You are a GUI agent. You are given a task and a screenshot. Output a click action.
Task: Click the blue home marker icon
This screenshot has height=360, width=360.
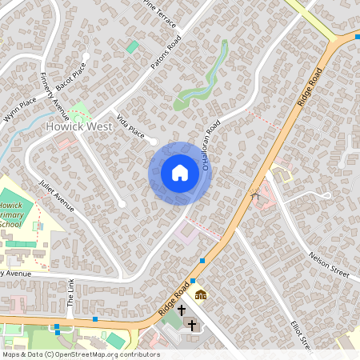pos(180,173)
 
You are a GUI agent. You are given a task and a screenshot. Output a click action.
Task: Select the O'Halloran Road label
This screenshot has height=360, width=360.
pos(210,145)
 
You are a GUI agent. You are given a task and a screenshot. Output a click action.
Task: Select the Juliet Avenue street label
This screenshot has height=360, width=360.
pos(56,196)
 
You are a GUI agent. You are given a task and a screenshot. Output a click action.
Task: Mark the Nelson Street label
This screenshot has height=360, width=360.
pos(330,264)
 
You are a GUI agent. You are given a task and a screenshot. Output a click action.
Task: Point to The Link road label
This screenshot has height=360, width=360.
pos(70,295)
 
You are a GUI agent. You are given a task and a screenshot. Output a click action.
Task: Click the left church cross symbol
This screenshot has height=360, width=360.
pos(182,310)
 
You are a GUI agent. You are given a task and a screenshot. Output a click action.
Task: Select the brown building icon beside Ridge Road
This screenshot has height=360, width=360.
pos(200,294)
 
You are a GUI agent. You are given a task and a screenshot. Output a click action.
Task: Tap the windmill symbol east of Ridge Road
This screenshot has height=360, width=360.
pos(255,194)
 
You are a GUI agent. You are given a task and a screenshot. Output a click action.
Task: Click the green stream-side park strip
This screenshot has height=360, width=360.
pos(204,80)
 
